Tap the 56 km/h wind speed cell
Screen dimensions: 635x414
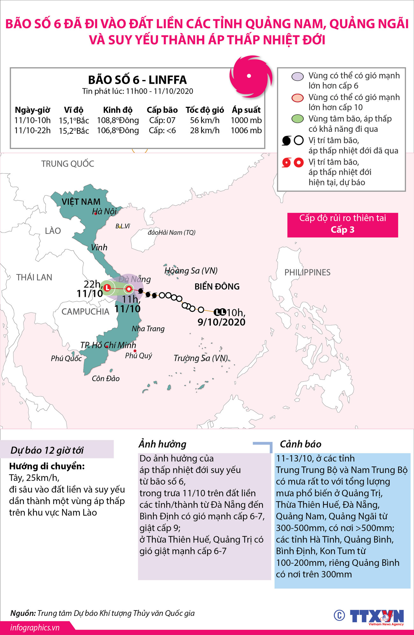[x=205, y=120]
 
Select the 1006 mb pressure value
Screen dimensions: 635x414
[x=246, y=131]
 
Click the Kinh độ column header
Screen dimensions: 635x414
[x=118, y=110]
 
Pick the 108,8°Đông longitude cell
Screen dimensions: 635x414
[x=118, y=120]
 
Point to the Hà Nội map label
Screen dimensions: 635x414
[x=104, y=211]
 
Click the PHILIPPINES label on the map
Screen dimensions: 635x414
[x=307, y=273]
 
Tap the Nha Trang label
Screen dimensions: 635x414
[x=148, y=329]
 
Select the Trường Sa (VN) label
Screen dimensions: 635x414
[x=201, y=358]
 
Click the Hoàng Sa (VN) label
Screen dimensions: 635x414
[x=191, y=271]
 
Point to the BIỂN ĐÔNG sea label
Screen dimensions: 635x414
[x=217, y=287]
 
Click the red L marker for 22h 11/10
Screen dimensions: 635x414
[x=107, y=288]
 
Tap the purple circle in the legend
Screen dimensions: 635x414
[x=298, y=76]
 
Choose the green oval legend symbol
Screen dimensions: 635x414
[x=298, y=119]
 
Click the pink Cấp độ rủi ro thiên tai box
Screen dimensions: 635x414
[x=343, y=225]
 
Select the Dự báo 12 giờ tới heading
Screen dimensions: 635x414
[x=47, y=450]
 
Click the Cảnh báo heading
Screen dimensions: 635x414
[x=300, y=444]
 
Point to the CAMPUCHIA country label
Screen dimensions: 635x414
[x=85, y=312]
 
